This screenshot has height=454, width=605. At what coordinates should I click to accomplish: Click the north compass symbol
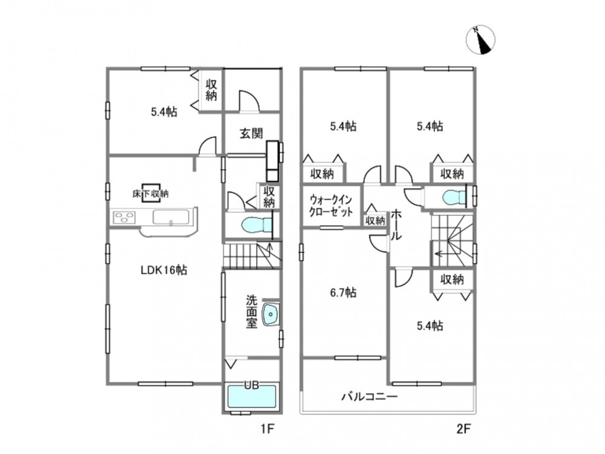click(x=480, y=39)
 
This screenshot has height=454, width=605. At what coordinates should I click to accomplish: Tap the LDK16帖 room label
click(x=163, y=270)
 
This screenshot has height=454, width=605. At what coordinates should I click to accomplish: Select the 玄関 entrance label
click(x=252, y=134)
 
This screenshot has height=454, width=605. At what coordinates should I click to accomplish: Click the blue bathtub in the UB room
click(x=252, y=396)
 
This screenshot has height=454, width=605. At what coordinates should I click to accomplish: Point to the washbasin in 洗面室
click(x=270, y=314)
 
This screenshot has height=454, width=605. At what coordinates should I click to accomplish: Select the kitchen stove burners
click(x=124, y=217)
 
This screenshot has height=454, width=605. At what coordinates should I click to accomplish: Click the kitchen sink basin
click(x=171, y=217)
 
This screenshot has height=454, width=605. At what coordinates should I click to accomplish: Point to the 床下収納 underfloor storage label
click(x=151, y=194)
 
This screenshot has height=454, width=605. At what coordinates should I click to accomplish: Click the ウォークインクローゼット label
click(x=331, y=206)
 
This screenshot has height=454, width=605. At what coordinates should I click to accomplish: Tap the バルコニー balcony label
click(x=370, y=396)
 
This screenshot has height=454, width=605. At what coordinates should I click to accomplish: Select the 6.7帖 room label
click(x=343, y=292)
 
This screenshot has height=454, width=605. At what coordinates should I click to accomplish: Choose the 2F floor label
click(x=464, y=429)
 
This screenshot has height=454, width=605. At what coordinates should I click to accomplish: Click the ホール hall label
click(x=396, y=225)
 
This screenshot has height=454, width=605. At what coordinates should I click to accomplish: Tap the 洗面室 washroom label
click(x=252, y=312)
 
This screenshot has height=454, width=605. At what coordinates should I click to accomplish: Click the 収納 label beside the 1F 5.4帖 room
click(x=211, y=90)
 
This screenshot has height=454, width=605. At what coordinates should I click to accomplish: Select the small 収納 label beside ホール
click(x=375, y=220)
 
